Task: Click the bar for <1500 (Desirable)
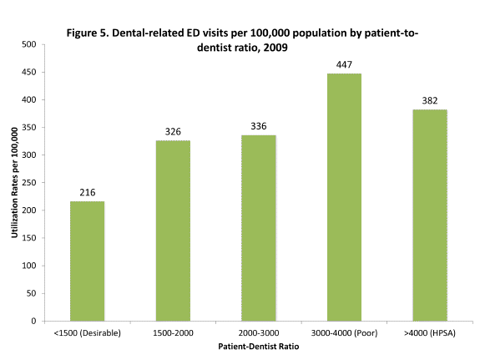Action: click(87, 261)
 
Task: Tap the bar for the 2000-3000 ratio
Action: click(258, 227)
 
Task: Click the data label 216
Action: click(87, 192)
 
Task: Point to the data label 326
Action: click(172, 131)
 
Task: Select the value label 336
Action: click(258, 126)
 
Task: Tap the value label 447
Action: click(344, 64)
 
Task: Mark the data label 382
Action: click(429, 100)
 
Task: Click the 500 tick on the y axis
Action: click(28, 44)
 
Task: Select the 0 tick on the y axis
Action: click(33, 321)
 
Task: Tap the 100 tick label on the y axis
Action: click(28, 266)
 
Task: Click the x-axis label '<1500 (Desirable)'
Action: click(87, 332)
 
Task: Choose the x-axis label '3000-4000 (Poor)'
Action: click(344, 332)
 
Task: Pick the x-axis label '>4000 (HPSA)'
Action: click(429, 332)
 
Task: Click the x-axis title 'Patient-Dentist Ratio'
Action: click(258, 347)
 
